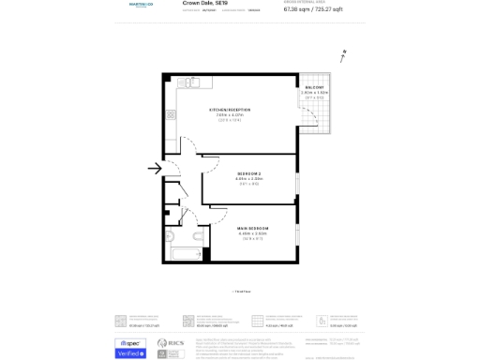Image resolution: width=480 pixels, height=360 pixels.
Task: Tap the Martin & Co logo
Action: (141, 5)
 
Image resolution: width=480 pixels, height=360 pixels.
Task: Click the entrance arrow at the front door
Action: (154, 169)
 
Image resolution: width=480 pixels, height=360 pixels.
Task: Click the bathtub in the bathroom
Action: (179, 254)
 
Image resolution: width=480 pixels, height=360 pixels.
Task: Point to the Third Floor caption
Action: (240, 292)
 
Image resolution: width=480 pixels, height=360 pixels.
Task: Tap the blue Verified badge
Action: (130, 353)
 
